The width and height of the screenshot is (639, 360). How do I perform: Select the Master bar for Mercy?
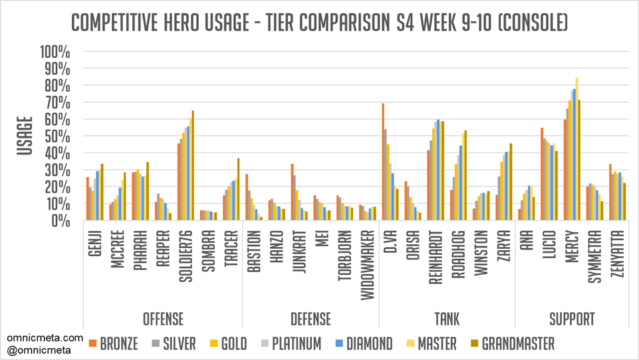click(x=576, y=150)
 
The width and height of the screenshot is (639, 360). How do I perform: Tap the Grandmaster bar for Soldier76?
click(x=193, y=166)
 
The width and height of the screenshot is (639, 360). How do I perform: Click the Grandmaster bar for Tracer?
click(x=238, y=190)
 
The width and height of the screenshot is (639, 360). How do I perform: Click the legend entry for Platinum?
click(x=297, y=343)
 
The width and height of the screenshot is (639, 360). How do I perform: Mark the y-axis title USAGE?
click(x=25, y=136)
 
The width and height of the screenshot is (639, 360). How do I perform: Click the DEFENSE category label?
click(x=311, y=319)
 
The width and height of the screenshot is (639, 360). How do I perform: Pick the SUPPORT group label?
click(x=572, y=319)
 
